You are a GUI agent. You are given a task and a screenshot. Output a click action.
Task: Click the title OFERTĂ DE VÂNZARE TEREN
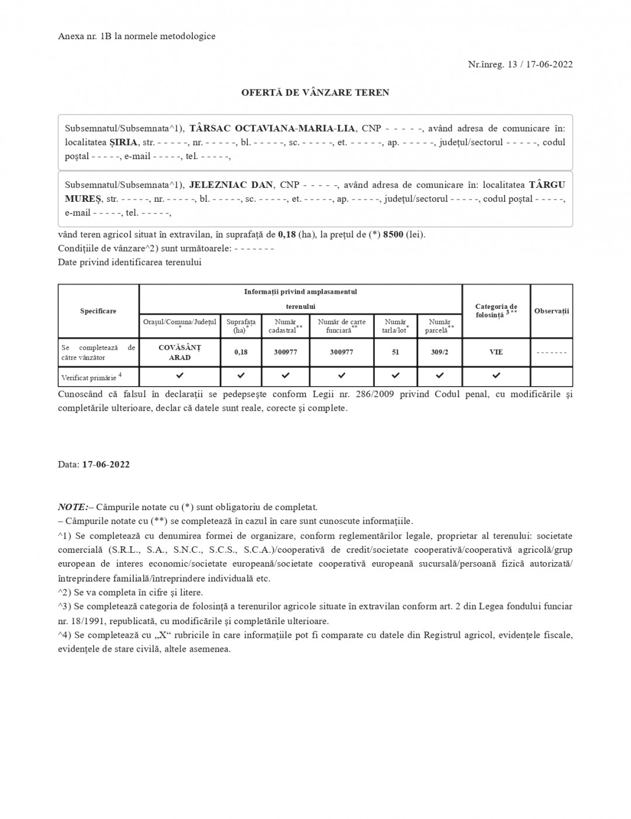[315, 92]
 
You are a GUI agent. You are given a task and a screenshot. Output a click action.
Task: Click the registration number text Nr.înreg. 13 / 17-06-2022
[520, 64]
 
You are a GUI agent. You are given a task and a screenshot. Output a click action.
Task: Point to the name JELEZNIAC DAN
[231, 185]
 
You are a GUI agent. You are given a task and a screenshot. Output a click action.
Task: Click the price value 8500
[393, 235]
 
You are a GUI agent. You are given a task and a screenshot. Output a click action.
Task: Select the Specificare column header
[98, 311]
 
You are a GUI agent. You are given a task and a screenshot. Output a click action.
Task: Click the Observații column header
[551, 311]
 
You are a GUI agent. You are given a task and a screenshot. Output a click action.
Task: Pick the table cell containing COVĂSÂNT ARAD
[180, 352]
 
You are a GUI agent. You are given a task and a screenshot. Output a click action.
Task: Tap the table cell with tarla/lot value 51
[396, 352]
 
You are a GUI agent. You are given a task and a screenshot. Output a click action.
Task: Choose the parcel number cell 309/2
[440, 352]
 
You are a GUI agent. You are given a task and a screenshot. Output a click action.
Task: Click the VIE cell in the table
[496, 352]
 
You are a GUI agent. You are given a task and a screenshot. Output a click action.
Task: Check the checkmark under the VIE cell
[496, 375]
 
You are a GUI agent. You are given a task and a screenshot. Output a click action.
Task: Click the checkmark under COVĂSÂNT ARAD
[180, 375]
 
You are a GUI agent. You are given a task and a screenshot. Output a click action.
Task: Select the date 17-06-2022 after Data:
[106, 464]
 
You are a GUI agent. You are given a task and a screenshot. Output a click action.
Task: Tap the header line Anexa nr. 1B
[137, 36]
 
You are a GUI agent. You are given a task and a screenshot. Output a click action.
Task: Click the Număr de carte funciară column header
[342, 326]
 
